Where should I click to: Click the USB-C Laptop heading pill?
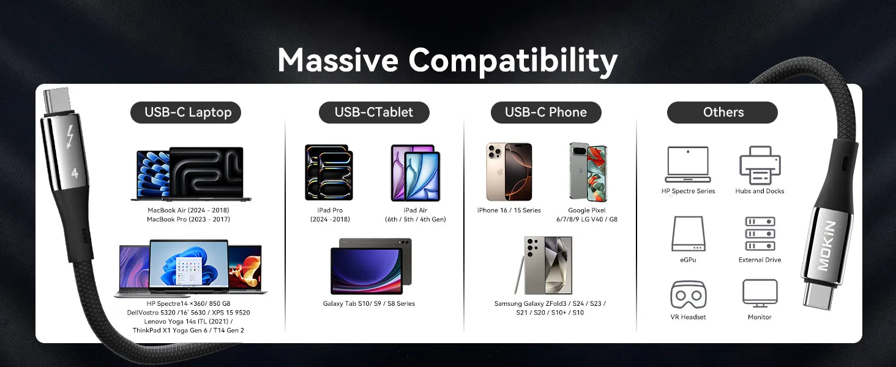coord(185,113)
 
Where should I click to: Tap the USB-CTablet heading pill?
coord(374,113)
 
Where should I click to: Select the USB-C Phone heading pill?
coord(546,113)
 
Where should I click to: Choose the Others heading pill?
coord(722,113)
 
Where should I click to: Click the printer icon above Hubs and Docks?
coord(760,165)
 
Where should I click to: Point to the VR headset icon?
coord(689,295)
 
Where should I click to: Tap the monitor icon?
coord(760,294)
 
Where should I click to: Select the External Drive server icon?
coord(760,234)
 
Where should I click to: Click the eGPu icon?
coord(689,234)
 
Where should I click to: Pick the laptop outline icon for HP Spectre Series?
coord(688,165)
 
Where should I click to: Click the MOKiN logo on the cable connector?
coord(826,245)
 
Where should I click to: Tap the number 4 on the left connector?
coord(75,173)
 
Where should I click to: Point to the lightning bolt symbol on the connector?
coord(70,137)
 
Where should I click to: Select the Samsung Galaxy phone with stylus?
coord(543,265)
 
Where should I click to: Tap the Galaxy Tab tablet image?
coord(371,266)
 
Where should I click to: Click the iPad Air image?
coord(416,172)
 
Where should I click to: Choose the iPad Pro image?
coord(329,172)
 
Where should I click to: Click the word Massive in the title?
coord(338,60)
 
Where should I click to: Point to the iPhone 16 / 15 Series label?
coord(509,210)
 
